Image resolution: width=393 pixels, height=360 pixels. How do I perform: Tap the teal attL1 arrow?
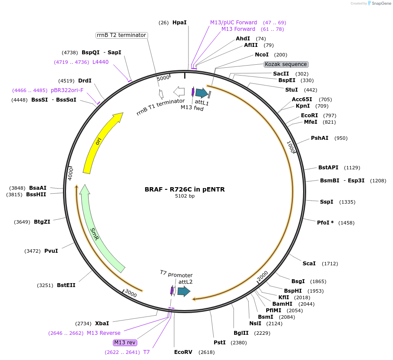[201, 92]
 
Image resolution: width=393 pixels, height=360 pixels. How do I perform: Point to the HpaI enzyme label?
[179, 22]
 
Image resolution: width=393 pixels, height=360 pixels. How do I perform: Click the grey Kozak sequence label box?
[286, 64]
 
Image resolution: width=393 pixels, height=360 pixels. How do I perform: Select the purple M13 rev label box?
[125, 342]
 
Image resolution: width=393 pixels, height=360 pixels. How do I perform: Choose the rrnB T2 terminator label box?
[122, 35]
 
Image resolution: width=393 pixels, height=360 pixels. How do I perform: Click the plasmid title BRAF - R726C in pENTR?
[185, 189]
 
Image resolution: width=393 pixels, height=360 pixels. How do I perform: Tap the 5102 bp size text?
[185, 196]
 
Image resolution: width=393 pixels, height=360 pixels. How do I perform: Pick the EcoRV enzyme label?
[183, 352]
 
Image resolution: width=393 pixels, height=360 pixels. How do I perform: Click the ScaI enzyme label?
[309, 264]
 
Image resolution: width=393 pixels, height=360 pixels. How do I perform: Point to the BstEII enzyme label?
[66, 285]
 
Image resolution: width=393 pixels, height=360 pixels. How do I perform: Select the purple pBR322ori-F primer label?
[66, 90]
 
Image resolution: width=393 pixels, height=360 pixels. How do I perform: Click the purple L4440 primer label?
[100, 62]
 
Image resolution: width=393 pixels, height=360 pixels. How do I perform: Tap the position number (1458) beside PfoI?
[347, 223]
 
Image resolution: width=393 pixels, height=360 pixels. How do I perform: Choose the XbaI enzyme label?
[102, 324]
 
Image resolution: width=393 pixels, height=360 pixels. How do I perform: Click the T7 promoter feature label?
[176, 274]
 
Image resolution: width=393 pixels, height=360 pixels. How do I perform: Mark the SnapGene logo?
[376, 3]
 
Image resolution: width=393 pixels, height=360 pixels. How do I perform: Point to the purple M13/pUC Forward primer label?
[234, 22]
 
